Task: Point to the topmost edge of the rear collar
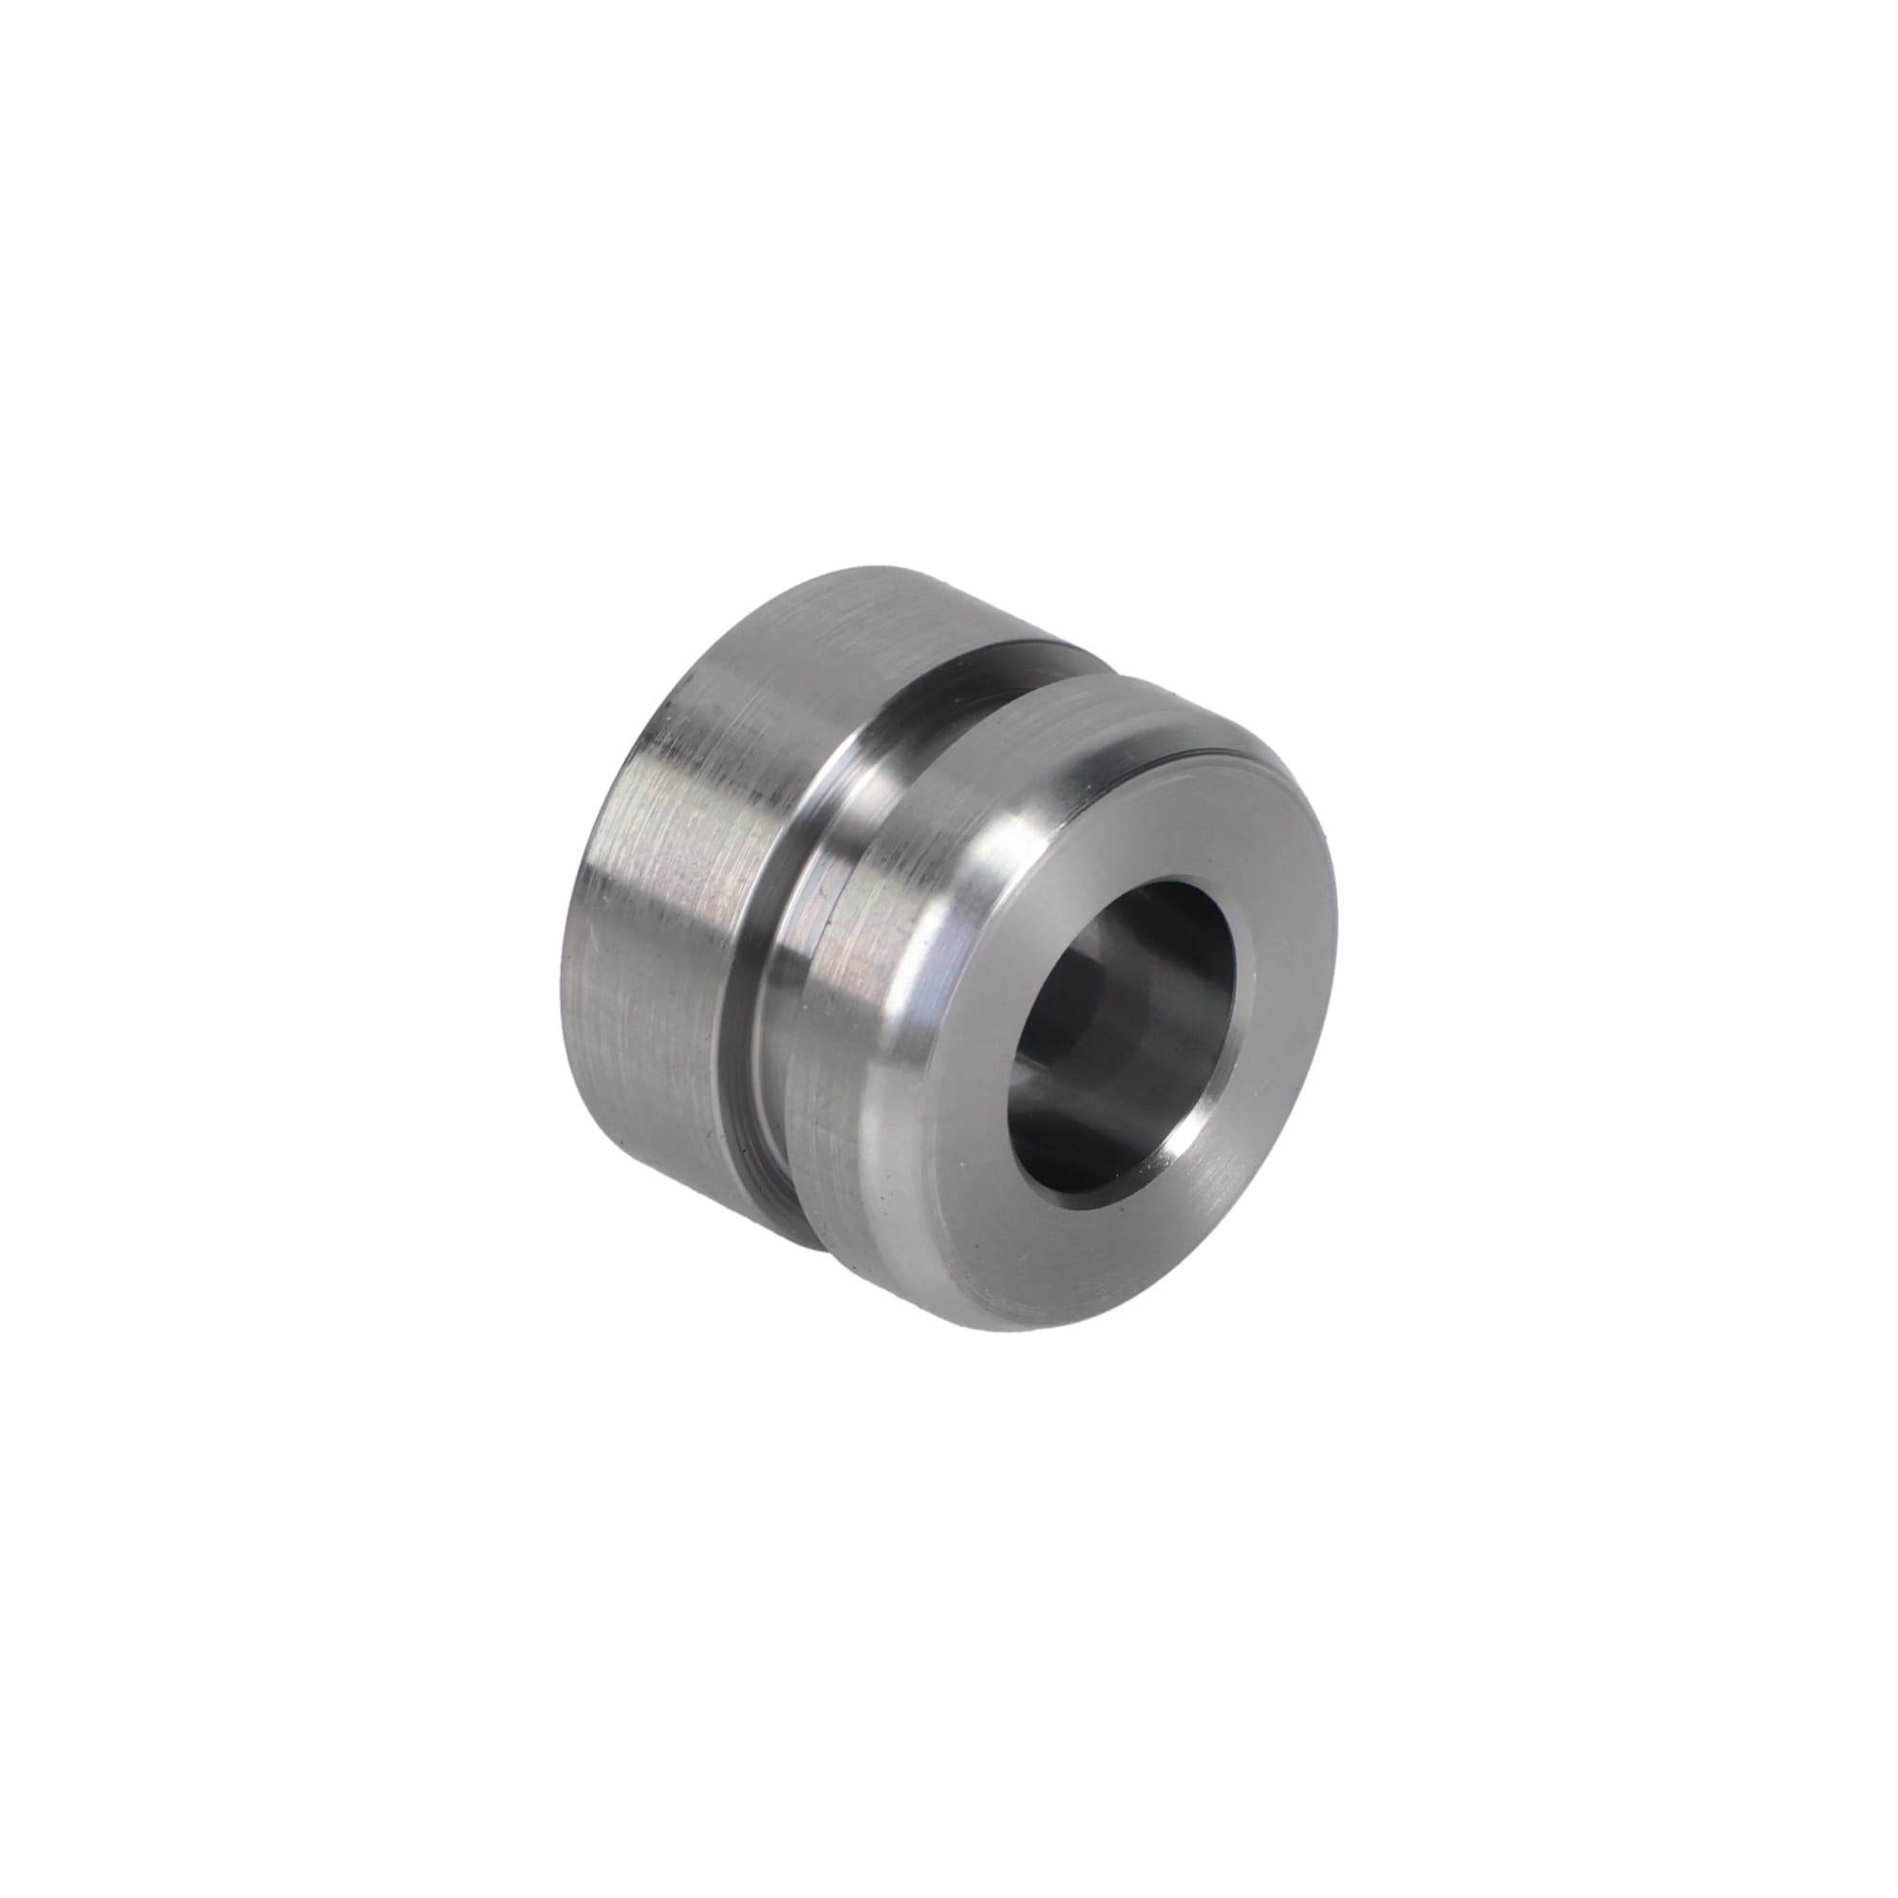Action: (x=884, y=568)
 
